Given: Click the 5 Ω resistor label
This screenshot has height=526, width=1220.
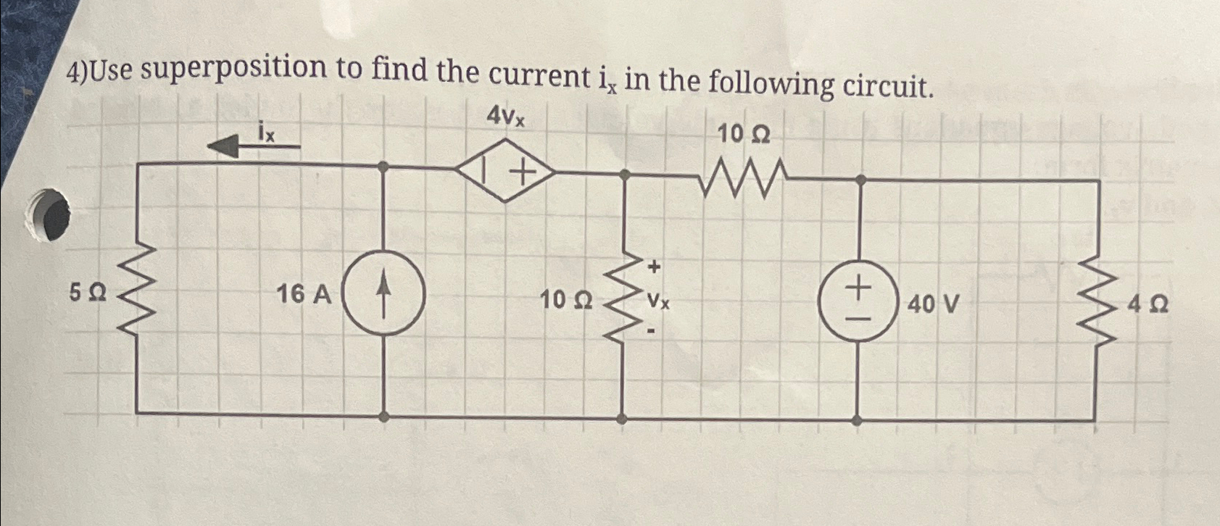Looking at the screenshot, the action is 88,294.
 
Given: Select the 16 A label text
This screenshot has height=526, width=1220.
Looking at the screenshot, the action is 304,295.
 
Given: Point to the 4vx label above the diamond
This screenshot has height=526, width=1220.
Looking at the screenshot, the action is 506,116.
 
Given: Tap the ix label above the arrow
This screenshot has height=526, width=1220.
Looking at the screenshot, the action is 266,132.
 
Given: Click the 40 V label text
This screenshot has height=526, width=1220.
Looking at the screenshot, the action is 933,304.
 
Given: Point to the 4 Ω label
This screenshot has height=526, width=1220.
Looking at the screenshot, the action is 1147,305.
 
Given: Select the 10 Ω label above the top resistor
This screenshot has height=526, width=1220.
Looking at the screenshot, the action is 744,135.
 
